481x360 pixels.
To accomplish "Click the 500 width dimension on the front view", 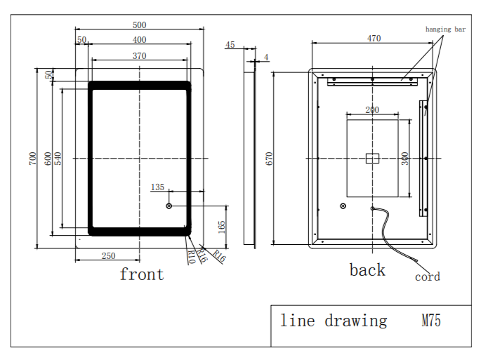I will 140,25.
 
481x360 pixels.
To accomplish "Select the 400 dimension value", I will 140,39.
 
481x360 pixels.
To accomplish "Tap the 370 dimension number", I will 139,55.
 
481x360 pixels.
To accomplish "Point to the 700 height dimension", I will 32,159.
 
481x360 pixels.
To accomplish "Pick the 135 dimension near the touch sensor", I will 157,187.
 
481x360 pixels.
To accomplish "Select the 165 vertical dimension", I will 221,226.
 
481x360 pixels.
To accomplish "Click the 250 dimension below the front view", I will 108,256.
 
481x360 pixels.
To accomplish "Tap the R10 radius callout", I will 191,257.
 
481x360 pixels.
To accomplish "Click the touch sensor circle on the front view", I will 169,206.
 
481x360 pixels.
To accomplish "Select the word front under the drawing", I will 141,274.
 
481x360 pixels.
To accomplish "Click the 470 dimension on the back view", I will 374,39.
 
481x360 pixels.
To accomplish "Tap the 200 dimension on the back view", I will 372,109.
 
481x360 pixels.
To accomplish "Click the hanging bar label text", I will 445,29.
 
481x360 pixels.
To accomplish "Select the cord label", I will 427,277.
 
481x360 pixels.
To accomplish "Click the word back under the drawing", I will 367,270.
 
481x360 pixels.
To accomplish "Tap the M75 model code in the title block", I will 430,321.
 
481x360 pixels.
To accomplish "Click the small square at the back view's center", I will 372,158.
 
